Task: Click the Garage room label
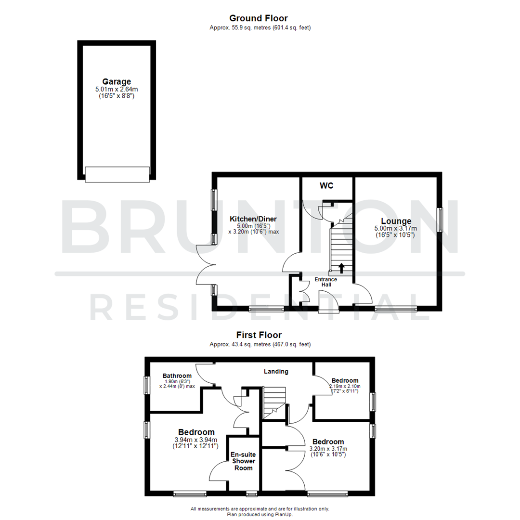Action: point(117,82)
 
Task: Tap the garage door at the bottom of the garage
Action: point(117,174)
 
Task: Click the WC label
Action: point(327,185)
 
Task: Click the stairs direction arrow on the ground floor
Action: point(342,267)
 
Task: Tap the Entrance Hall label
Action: point(326,282)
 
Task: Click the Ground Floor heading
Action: point(259,19)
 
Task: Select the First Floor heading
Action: point(259,335)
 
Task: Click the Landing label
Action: point(276,372)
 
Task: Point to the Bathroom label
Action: point(177,376)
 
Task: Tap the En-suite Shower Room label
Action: point(243,461)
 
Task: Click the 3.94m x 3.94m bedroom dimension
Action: point(196,440)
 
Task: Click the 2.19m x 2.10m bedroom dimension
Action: point(345,386)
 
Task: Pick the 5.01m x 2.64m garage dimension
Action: point(117,90)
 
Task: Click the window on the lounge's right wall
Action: point(440,219)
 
